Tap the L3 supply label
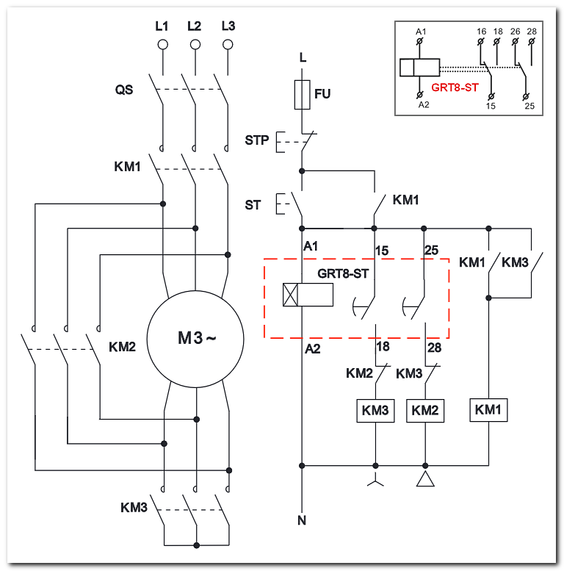tap(228, 26)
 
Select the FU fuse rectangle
tap(302, 95)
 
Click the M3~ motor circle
tap(148, 339)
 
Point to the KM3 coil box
tap(375, 410)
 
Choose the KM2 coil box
tap(425, 410)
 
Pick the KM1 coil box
tap(488, 409)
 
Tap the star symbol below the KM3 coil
tap(375, 481)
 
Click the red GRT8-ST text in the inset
tap(455, 87)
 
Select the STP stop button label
tap(257, 140)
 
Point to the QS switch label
tap(124, 90)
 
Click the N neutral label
tap(302, 521)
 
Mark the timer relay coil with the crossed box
tap(308, 295)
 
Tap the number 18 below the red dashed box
tap(383, 347)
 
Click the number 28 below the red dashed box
tap(435, 348)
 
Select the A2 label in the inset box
tap(424, 105)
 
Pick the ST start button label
tap(253, 205)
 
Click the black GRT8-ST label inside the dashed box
tap(343, 273)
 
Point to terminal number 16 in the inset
tap(482, 32)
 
